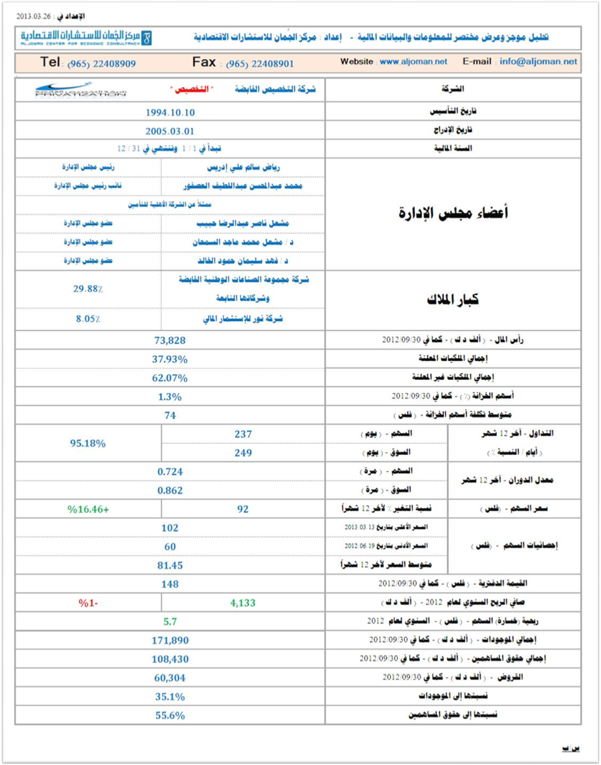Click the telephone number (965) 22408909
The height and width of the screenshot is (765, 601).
point(101,64)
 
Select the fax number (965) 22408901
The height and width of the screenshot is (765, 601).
point(260,64)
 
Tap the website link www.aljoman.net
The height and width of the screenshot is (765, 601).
point(413,62)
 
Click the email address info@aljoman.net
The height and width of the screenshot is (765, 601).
point(538,62)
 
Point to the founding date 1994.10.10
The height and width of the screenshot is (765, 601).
point(170,112)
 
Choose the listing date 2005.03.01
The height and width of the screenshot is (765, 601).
point(170,131)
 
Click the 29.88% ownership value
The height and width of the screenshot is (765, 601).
point(88,289)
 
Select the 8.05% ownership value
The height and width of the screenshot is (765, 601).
point(88,319)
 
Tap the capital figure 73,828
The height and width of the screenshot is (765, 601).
point(170,340)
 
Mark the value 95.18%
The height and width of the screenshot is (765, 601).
point(88,443)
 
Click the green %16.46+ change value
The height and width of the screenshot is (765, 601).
point(88,509)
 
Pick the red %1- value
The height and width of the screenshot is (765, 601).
point(88,603)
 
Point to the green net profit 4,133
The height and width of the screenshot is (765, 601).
point(242,603)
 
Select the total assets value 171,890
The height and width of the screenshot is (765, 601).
point(170,640)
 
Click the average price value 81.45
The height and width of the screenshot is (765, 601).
point(170,565)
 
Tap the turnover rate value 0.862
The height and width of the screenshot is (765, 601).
point(170,490)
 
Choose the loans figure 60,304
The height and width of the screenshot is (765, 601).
point(170,678)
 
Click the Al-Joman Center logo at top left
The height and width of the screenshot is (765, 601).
point(86,37)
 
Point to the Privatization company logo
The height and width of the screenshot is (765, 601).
point(80,89)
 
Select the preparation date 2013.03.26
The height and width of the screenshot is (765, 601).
point(33,16)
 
